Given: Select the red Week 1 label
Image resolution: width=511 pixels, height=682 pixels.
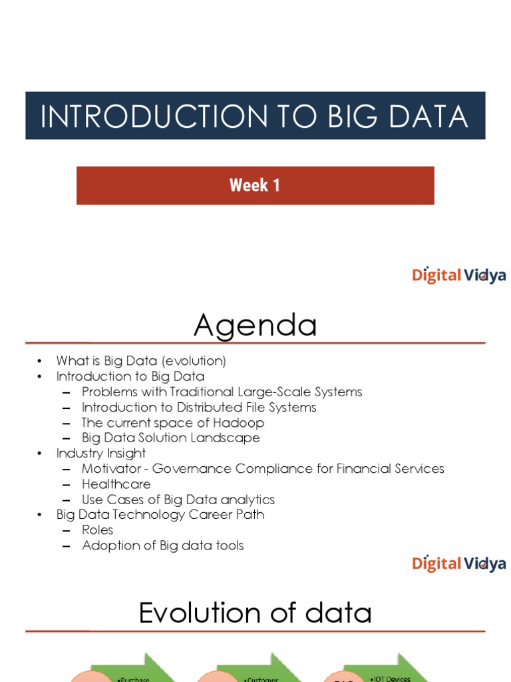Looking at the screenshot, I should click(255, 185).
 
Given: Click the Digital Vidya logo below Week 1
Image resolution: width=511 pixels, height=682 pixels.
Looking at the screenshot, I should click(458, 275).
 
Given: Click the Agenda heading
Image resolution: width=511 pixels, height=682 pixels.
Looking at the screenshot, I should click(255, 326).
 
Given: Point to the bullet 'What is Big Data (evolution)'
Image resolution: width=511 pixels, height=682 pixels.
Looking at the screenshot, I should click(141, 361).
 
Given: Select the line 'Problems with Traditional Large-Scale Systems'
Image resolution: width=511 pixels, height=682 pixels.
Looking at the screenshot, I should click(222, 392).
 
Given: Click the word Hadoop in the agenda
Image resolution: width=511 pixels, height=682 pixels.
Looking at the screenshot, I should click(242, 423).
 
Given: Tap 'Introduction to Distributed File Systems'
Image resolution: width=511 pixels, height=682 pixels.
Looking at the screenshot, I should click(199, 407).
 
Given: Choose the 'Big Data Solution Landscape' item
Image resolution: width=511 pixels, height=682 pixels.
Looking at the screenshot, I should click(170, 438).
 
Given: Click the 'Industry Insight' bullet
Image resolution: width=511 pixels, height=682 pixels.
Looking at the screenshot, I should click(101, 453).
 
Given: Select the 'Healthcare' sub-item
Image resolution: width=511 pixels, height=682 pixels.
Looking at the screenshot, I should click(116, 484).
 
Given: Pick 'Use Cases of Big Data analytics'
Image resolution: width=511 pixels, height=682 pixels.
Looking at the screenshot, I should click(178, 500).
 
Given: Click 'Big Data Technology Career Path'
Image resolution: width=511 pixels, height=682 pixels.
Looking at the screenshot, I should click(160, 515).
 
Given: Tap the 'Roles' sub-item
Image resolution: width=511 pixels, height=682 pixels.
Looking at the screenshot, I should click(97, 530).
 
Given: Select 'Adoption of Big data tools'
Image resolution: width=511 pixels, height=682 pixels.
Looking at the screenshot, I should click(162, 545).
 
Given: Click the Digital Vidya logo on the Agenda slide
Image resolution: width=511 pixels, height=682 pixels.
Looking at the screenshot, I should click(458, 563).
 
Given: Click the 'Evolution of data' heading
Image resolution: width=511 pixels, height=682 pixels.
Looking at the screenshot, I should click(255, 613).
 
